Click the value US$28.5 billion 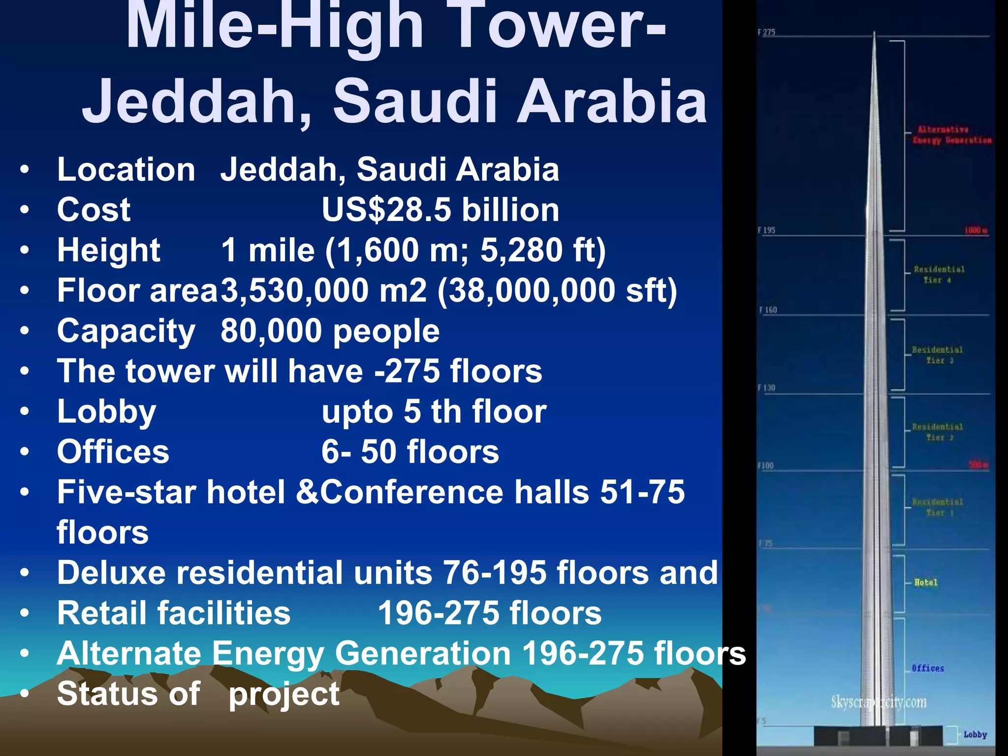[x=440, y=210]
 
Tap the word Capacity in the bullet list [x=126, y=331]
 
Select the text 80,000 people [x=330, y=331]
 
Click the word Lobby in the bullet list [x=106, y=411]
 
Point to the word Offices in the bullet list [x=113, y=452]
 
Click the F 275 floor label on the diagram [x=766, y=32]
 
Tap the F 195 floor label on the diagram [x=766, y=230]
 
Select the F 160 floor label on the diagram [x=768, y=310]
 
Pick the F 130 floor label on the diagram [x=766, y=388]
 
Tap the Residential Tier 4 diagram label [x=939, y=275]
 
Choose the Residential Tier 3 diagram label [x=937, y=355]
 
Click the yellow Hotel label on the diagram [x=926, y=583]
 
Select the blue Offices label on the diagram [x=928, y=668]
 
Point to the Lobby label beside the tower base [x=975, y=734]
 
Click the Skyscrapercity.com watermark [x=879, y=702]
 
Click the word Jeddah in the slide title [x=197, y=101]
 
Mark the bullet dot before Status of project [x=25, y=694]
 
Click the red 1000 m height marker [x=976, y=230]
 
